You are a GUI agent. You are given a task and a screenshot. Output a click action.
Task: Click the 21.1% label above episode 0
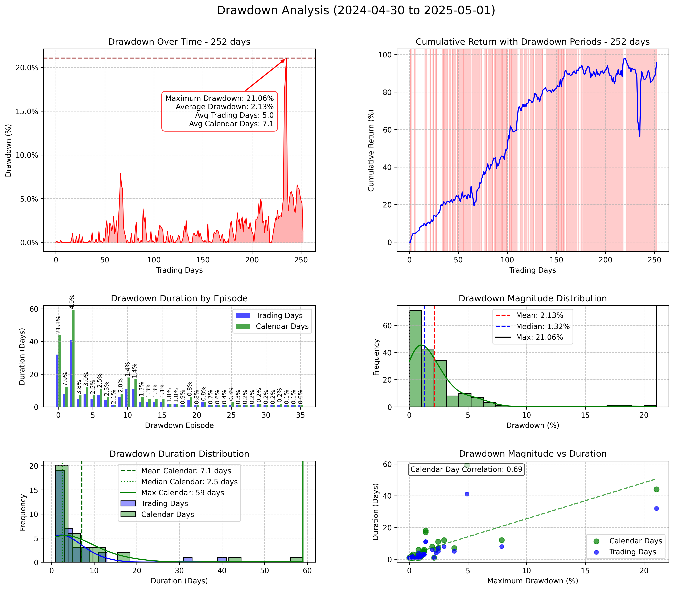58,325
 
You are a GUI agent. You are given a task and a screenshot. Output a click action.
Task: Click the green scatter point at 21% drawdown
656,489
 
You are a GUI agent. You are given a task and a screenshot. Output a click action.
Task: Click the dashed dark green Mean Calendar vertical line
82,527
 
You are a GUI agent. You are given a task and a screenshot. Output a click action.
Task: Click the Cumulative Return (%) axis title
371,150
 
